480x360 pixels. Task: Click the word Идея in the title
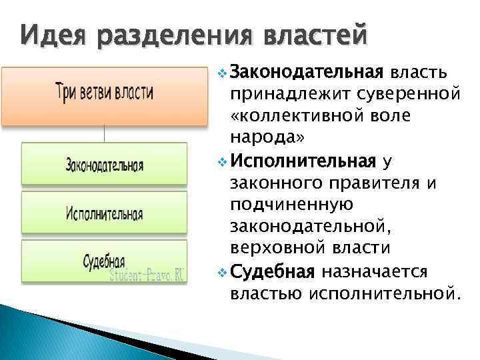(x=49, y=34)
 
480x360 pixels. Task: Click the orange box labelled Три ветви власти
(x=104, y=91)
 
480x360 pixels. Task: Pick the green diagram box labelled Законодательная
(x=104, y=163)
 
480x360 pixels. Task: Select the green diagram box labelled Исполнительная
(x=104, y=213)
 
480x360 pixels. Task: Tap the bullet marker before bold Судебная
(x=223, y=273)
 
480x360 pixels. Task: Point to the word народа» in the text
(x=267, y=138)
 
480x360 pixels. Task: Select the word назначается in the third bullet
(x=378, y=273)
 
